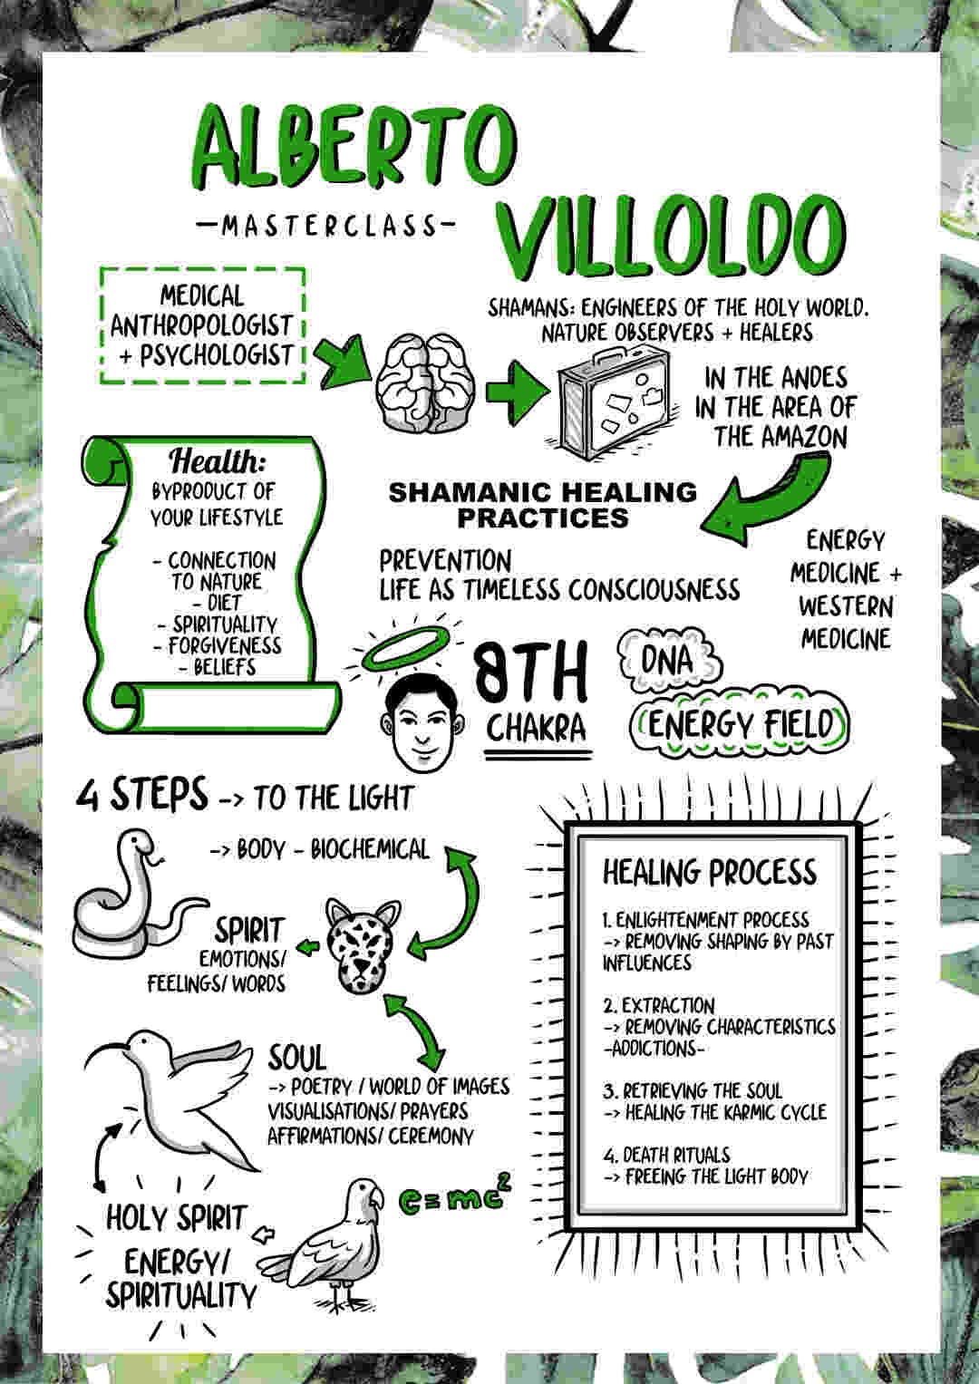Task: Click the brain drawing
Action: pyautogui.click(x=426, y=383)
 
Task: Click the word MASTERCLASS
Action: pyautogui.click(x=329, y=227)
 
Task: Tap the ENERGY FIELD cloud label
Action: pyautogui.click(x=739, y=725)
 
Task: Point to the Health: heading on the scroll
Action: pyautogui.click(x=217, y=460)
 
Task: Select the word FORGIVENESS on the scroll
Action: pyautogui.click(x=224, y=646)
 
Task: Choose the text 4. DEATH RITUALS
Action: pyautogui.click(x=666, y=1155)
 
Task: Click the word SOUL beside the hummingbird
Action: pyautogui.click(x=296, y=1057)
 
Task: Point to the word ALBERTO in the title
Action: pyautogui.click(x=353, y=147)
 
